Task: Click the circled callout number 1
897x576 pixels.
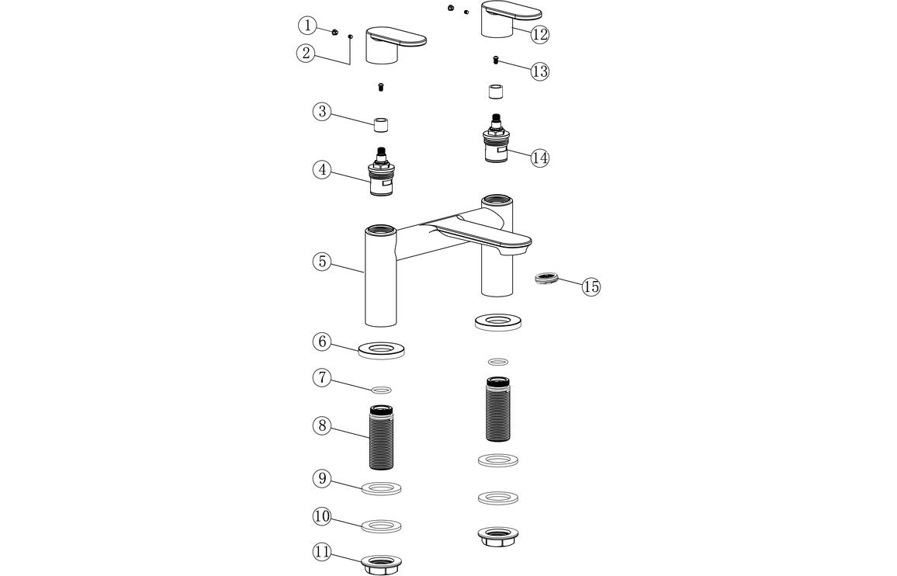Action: pos(307,26)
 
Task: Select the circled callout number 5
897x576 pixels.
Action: pos(323,261)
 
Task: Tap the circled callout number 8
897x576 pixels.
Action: pos(323,425)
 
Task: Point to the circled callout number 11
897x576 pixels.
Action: pos(322,552)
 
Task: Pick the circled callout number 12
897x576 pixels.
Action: pos(540,34)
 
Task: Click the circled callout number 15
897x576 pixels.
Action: pos(591,286)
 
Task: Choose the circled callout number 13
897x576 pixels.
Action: pos(540,71)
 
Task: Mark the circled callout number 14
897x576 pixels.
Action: pos(540,158)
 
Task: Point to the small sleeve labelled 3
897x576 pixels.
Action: pos(381,124)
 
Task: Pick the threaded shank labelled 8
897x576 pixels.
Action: pos(381,437)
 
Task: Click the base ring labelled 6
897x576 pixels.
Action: pos(381,349)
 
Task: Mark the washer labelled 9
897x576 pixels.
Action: pos(381,488)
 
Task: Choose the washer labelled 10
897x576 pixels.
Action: pos(381,526)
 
